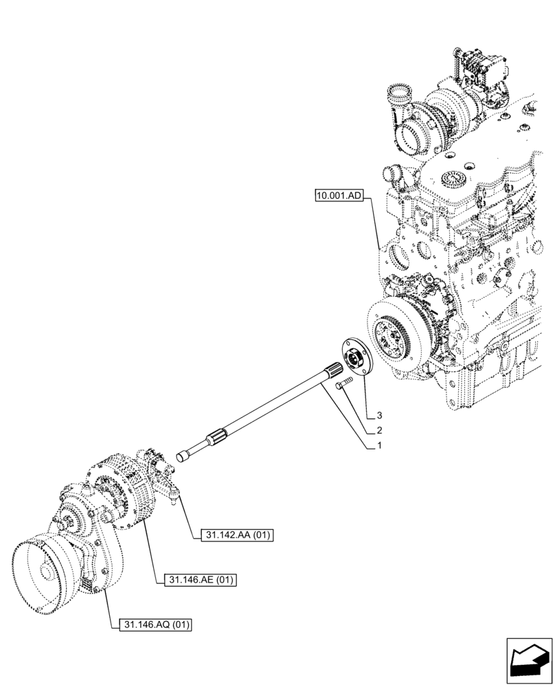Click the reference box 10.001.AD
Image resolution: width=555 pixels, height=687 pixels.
coord(339,196)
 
